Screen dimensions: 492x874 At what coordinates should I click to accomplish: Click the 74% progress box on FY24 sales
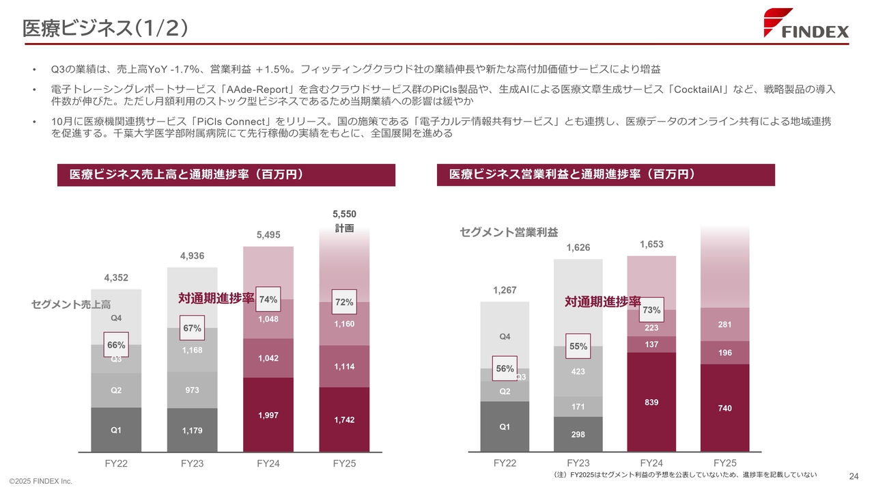tap(268, 299)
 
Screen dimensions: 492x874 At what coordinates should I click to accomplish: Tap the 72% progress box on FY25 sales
tap(344, 301)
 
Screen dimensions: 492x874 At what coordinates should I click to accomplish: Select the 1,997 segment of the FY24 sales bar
tap(268, 415)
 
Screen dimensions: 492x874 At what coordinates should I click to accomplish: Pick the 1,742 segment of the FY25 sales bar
tap(344, 420)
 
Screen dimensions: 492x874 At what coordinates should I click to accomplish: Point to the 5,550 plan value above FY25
tap(344, 214)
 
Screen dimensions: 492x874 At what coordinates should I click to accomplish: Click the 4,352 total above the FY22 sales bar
tap(116, 277)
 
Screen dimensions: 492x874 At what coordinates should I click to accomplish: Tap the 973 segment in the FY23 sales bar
tap(192, 390)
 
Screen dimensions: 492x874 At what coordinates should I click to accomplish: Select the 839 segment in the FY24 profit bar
tap(651, 402)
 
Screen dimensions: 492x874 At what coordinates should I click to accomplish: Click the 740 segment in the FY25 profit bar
tap(725, 408)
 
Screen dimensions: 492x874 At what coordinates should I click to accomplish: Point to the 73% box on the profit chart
tap(651, 310)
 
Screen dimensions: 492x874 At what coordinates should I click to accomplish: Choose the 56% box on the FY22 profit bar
tap(505, 368)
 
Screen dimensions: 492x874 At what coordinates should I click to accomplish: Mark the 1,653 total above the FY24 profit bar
tap(651, 244)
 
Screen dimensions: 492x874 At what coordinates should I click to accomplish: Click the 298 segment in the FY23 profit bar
tap(578, 435)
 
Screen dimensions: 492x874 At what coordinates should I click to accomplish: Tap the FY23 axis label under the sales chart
tap(192, 463)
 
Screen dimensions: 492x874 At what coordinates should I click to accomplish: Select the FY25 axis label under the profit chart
tap(725, 463)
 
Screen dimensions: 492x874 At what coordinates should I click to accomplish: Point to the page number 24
tap(853, 476)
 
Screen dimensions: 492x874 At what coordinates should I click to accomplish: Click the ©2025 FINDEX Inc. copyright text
tap(40, 482)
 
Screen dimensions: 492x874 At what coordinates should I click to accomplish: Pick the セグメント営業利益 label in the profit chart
tap(509, 233)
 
